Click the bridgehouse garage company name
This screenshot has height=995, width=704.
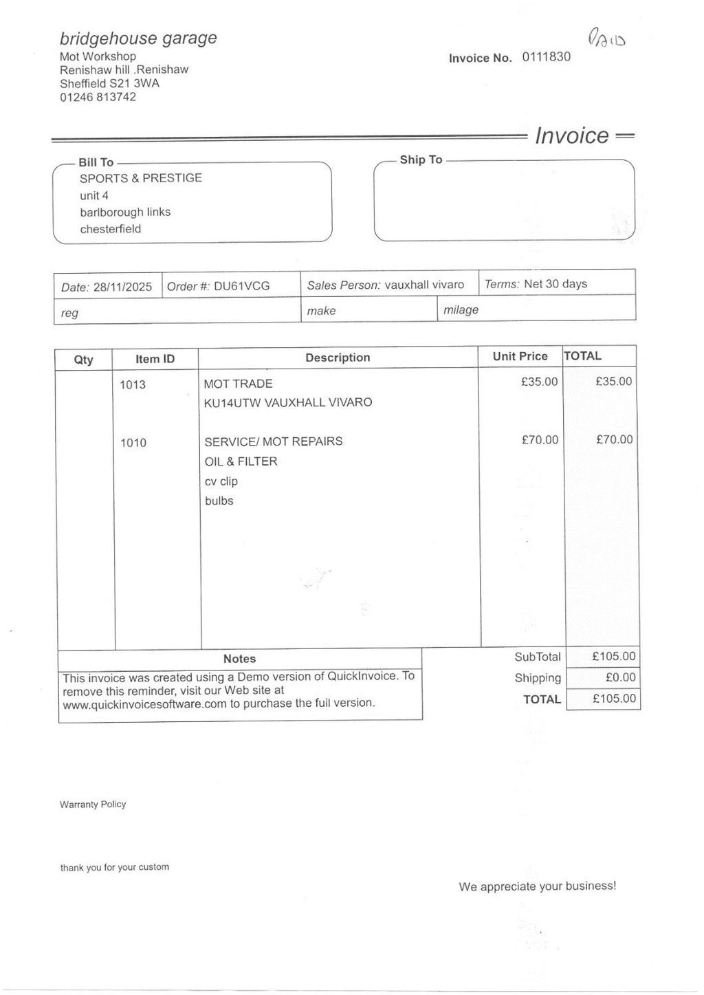pyautogui.click(x=138, y=39)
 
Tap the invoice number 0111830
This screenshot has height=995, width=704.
pyautogui.click(x=546, y=57)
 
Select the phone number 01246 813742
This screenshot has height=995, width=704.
pyautogui.click(x=98, y=97)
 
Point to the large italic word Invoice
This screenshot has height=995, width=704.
pyautogui.click(x=571, y=135)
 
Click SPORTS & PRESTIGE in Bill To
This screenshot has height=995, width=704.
pyautogui.click(x=141, y=178)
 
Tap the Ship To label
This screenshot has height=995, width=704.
pyautogui.click(x=421, y=160)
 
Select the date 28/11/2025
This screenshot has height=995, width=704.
pyautogui.click(x=122, y=287)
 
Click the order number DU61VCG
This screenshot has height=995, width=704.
pyautogui.click(x=241, y=286)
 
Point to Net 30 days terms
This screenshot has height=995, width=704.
pyautogui.click(x=555, y=284)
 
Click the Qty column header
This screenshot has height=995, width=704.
pyautogui.click(x=83, y=360)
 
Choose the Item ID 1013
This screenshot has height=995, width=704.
pyautogui.click(x=133, y=385)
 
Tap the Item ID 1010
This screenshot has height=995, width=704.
pyautogui.click(x=133, y=443)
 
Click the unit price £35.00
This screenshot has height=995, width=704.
pyautogui.click(x=540, y=382)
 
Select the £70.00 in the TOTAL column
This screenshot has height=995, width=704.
pyautogui.click(x=614, y=439)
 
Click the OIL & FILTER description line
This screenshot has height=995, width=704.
pyautogui.click(x=241, y=461)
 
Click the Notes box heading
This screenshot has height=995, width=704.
pyautogui.click(x=239, y=659)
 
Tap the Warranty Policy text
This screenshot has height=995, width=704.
pyautogui.click(x=93, y=805)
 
